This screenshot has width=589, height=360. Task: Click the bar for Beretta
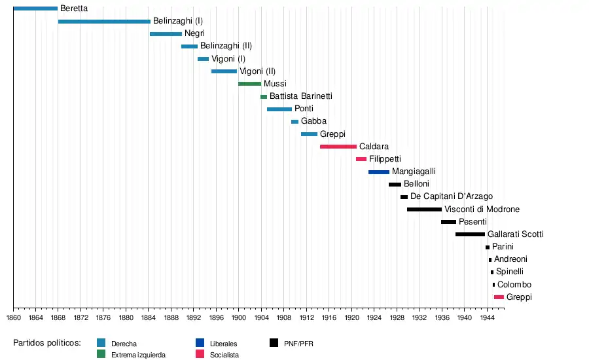click(35, 9)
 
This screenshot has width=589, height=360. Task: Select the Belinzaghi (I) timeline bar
click(104, 22)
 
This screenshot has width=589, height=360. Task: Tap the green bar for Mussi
click(249, 84)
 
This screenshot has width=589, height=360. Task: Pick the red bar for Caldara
click(338, 147)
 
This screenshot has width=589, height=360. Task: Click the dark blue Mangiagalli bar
click(379, 172)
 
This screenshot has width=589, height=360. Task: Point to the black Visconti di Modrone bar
click(424, 209)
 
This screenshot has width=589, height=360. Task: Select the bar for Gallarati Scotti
click(470, 234)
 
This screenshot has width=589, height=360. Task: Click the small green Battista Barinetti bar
click(264, 97)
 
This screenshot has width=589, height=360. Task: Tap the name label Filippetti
click(385, 159)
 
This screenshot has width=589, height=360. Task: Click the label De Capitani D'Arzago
click(452, 196)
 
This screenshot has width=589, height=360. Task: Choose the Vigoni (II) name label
click(258, 71)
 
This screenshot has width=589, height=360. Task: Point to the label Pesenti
click(473, 222)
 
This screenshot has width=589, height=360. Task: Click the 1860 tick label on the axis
click(13, 317)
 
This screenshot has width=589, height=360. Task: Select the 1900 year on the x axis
click(239, 317)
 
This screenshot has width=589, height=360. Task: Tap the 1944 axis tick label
click(487, 317)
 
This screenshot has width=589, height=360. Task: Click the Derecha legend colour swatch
click(101, 343)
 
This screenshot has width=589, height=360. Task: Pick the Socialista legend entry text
click(225, 355)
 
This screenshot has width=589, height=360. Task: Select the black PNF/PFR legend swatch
click(274, 343)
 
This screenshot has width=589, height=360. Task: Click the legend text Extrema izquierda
click(139, 355)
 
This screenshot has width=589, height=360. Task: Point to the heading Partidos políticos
click(47, 343)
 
